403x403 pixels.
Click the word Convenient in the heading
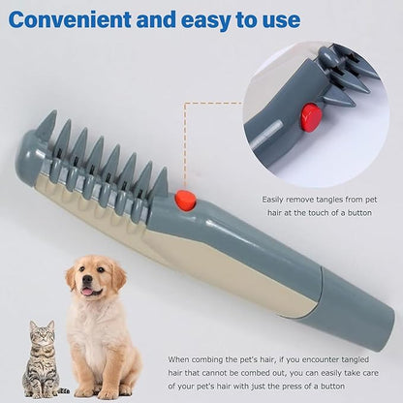click(70, 19)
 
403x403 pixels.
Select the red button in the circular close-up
click(311, 117)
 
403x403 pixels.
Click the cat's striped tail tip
click(65, 391)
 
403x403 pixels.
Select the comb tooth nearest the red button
click(160, 183)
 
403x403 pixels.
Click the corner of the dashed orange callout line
click(185, 104)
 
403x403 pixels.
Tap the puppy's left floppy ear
click(71, 278)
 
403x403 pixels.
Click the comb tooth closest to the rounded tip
click(46, 124)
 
